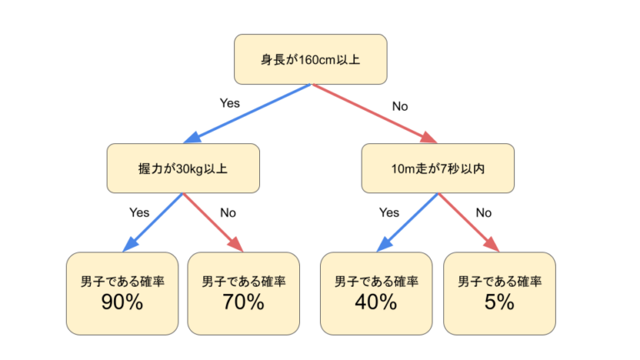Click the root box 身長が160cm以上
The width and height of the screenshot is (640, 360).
(x=310, y=59)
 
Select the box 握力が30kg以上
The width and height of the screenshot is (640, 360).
(x=182, y=168)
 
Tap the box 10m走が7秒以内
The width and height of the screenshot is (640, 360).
(x=437, y=168)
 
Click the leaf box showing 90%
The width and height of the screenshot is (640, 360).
(x=122, y=292)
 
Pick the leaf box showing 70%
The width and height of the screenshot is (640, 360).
(x=243, y=292)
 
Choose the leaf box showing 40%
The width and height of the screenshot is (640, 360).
(x=376, y=292)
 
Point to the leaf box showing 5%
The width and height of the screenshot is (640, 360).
(x=498, y=292)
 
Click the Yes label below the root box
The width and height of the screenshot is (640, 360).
(x=229, y=103)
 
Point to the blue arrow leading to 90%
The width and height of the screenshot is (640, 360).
(x=153, y=222)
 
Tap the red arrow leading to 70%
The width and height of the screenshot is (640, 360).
(x=212, y=222)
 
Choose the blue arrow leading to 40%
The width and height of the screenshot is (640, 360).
(x=407, y=222)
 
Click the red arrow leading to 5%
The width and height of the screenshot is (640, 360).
(x=467, y=222)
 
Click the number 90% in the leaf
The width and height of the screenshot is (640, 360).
(x=122, y=302)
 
